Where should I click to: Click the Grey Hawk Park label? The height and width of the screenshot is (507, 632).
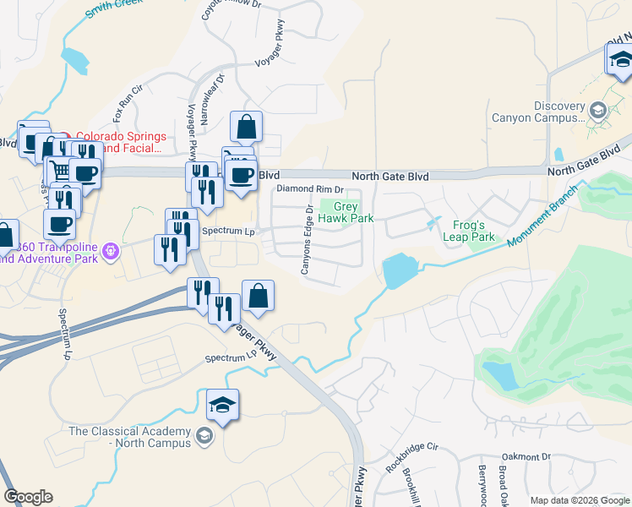353,212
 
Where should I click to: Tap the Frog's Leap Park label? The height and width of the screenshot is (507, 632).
469,231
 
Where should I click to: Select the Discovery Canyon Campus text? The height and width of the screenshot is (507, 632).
548,112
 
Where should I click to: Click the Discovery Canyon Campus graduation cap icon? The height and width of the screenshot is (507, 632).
598,111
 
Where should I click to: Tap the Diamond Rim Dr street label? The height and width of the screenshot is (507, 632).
311,189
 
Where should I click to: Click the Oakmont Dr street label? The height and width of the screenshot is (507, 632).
526,456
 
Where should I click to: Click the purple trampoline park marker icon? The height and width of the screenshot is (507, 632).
111,251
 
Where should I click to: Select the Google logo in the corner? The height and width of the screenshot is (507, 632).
28,497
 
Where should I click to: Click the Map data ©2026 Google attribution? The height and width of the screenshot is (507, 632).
580,500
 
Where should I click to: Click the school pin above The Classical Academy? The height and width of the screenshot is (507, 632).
221,406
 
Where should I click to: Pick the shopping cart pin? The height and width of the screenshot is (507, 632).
59,170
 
